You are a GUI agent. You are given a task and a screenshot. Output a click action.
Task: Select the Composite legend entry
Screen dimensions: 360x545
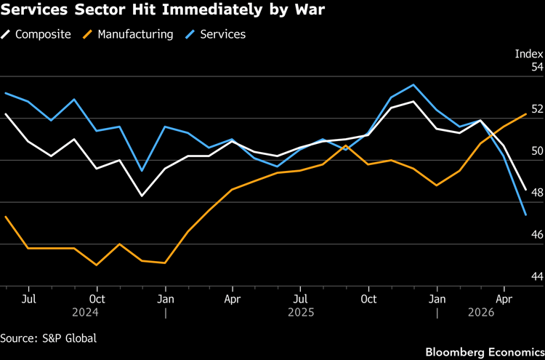click(41, 34)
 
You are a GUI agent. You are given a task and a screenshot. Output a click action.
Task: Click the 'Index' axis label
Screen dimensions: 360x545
click(529, 54)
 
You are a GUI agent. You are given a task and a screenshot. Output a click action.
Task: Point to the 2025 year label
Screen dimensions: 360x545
click(301, 313)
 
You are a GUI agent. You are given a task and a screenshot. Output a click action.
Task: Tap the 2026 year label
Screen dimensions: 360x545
click(480, 313)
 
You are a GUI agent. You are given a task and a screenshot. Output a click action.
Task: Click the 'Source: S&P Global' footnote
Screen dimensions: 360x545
click(48, 338)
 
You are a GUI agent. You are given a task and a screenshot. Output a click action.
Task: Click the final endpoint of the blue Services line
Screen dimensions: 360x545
click(526, 215)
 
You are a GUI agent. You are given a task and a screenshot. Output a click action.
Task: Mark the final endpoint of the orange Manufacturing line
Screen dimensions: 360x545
click(526, 114)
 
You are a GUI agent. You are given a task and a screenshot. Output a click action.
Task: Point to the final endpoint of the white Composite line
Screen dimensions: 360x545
click(526, 190)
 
